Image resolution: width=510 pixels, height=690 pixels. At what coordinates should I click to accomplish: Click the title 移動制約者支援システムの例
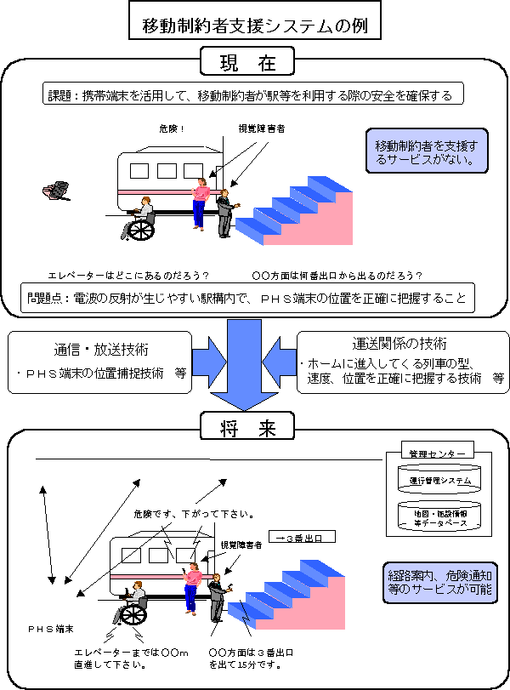(255, 25)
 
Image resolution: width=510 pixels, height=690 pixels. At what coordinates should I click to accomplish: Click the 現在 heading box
(246, 61)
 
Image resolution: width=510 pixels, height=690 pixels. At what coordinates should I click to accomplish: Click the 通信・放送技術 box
(100, 361)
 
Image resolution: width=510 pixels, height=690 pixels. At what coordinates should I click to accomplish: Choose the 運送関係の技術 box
(399, 361)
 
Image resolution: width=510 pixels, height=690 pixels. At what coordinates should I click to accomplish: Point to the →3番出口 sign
(301, 537)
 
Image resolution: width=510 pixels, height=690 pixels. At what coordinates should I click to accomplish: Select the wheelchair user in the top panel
(140, 220)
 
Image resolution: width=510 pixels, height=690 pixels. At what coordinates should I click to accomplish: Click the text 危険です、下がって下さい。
(195, 514)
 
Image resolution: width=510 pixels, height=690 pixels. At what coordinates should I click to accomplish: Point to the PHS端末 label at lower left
(50, 629)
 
